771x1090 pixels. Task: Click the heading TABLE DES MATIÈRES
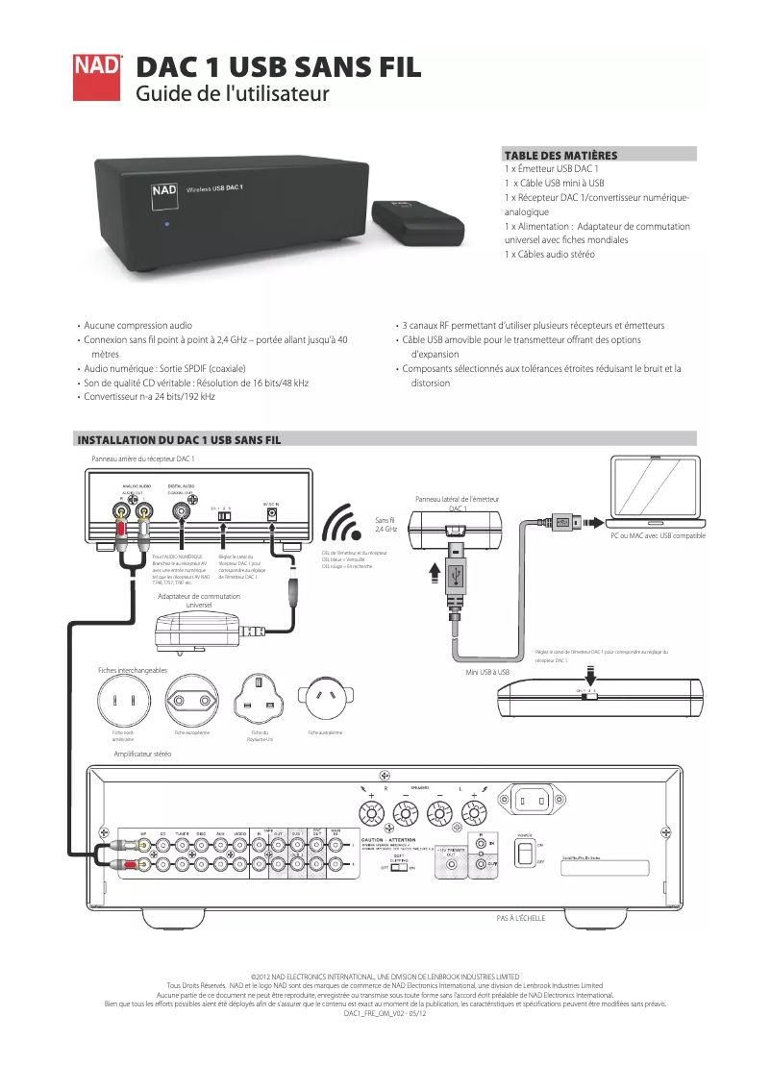coord(560,154)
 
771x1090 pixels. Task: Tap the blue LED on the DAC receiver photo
coord(166,226)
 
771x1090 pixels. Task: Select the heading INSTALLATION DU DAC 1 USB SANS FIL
coord(179,439)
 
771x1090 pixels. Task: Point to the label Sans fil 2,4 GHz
coord(385,524)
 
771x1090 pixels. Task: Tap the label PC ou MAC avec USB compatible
coord(658,535)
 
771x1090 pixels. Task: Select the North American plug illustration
coord(121,700)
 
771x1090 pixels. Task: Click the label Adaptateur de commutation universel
coord(198,601)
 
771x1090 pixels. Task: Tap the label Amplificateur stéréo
coord(142,755)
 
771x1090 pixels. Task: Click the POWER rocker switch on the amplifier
coord(524,854)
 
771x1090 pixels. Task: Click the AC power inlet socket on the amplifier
coord(535,799)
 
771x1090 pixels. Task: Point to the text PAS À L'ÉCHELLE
coord(520,919)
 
